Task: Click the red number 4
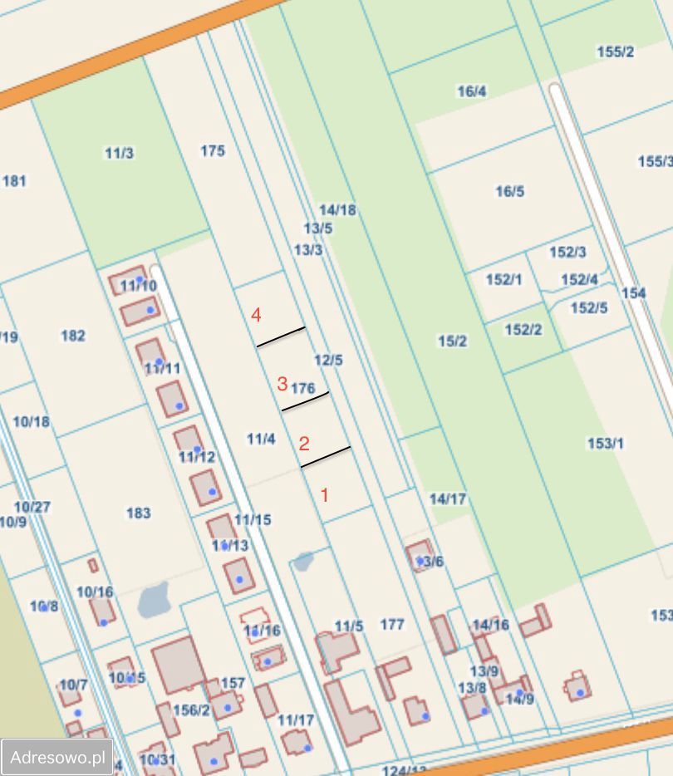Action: coord(257,316)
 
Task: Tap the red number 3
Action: coord(282,384)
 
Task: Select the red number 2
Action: coord(304,444)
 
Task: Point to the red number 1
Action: coord(325,495)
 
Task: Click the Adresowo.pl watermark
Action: coord(56,757)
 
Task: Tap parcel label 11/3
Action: coord(120,153)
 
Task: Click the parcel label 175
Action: coord(213,150)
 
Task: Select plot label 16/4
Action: coord(472,91)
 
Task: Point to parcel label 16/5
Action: coord(510,192)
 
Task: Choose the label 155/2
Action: coord(616,52)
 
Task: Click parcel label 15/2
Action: coord(453,341)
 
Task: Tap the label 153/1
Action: coord(606,444)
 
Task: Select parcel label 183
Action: coord(138,513)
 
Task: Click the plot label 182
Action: coord(73,336)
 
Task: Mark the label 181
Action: coord(15,180)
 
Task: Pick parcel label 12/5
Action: coord(329,360)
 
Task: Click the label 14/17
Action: coord(448,499)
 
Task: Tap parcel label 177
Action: coord(391,624)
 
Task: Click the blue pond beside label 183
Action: coord(154,600)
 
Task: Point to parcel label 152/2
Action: coord(523,330)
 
